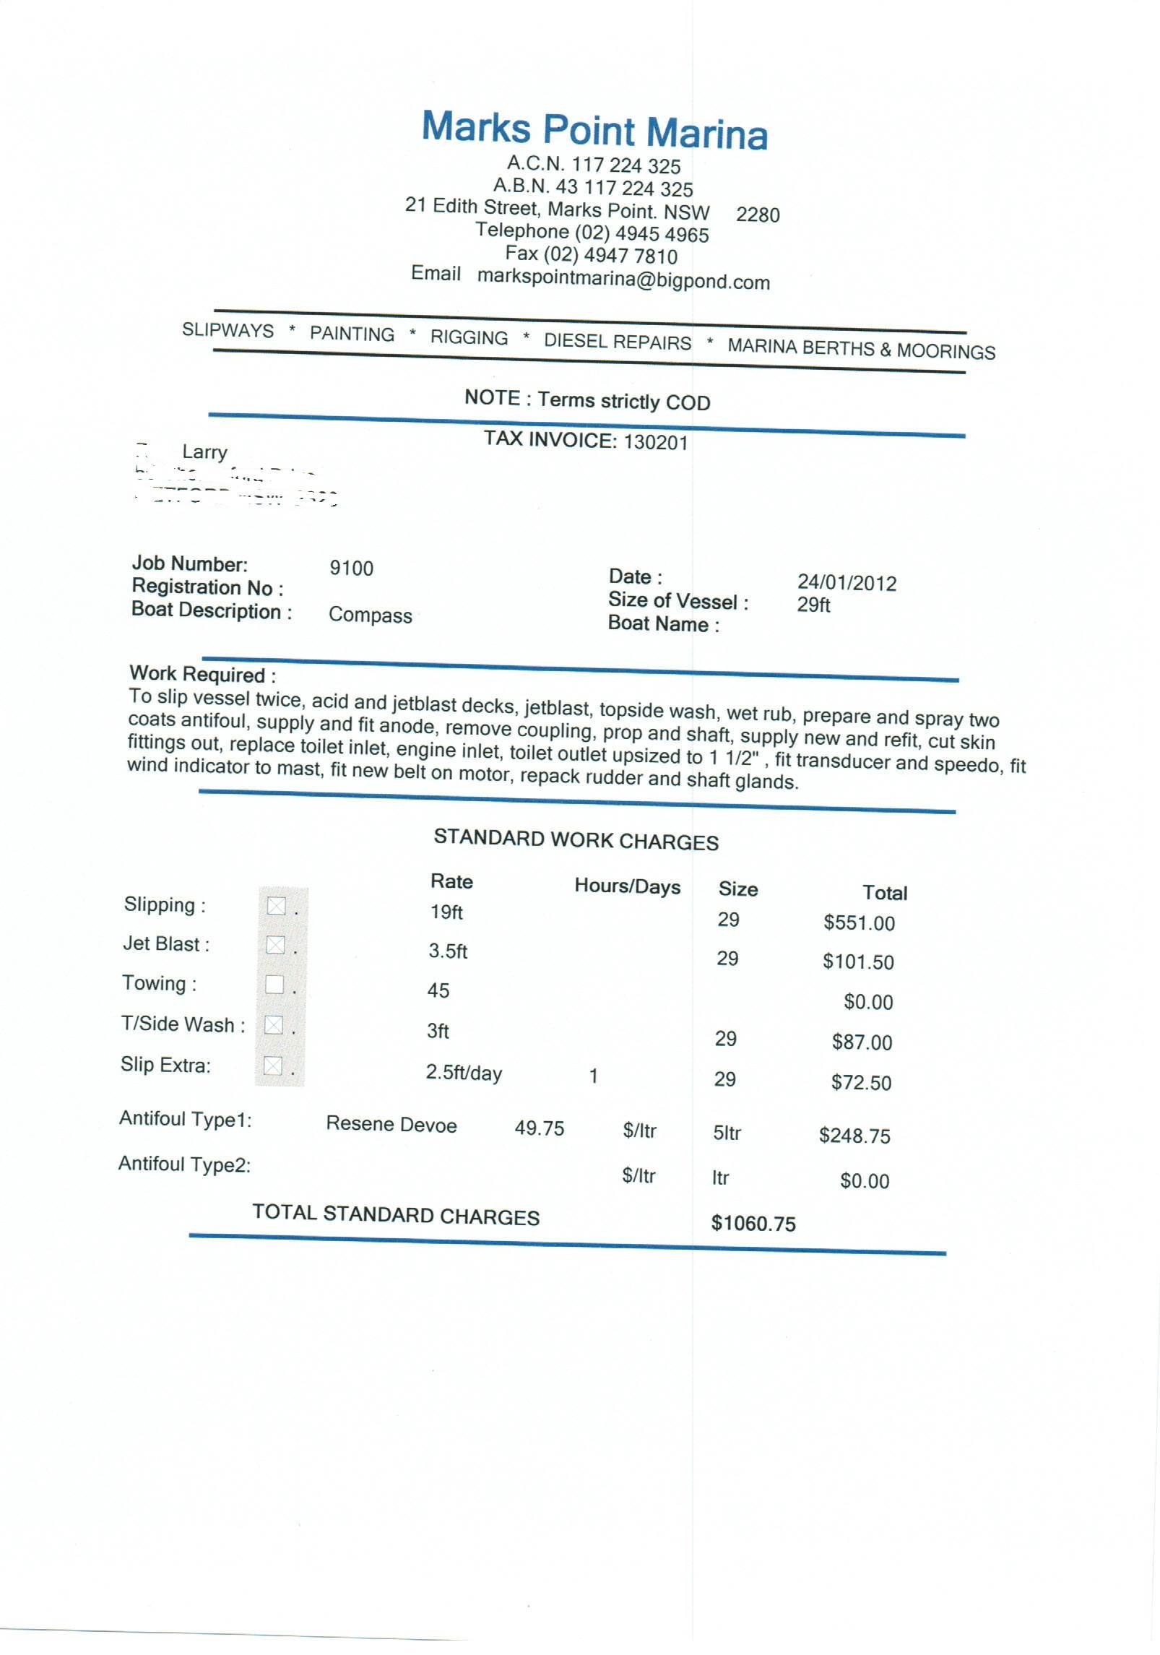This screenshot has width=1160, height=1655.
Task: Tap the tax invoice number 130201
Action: (x=655, y=442)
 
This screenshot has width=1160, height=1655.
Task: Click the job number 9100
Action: (x=351, y=568)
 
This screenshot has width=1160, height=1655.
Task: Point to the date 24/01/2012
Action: (x=847, y=583)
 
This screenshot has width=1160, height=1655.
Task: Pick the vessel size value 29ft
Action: (x=813, y=605)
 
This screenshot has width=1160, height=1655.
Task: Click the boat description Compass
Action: (x=370, y=615)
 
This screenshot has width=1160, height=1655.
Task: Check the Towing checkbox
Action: (x=274, y=984)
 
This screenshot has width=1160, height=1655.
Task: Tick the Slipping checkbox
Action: (x=277, y=905)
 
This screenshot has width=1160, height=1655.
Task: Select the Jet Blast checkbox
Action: (x=275, y=944)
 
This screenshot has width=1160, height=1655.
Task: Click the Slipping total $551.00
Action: (x=859, y=923)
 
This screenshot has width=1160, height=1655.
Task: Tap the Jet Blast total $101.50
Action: (x=858, y=962)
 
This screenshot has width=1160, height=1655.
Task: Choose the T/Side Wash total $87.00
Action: (x=862, y=1042)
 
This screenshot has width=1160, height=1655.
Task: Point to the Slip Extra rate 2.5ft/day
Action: (x=463, y=1073)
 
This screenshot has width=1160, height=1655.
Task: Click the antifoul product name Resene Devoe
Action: (x=391, y=1124)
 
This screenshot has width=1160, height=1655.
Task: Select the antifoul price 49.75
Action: (x=539, y=1128)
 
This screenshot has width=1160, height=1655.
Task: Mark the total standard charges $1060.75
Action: (x=753, y=1223)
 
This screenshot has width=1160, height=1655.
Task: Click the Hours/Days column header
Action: (x=627, y=886)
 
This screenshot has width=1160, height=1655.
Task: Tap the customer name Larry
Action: (x=204, y=452)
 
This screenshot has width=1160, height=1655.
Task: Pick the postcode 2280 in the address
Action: (x=758, y=215)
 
